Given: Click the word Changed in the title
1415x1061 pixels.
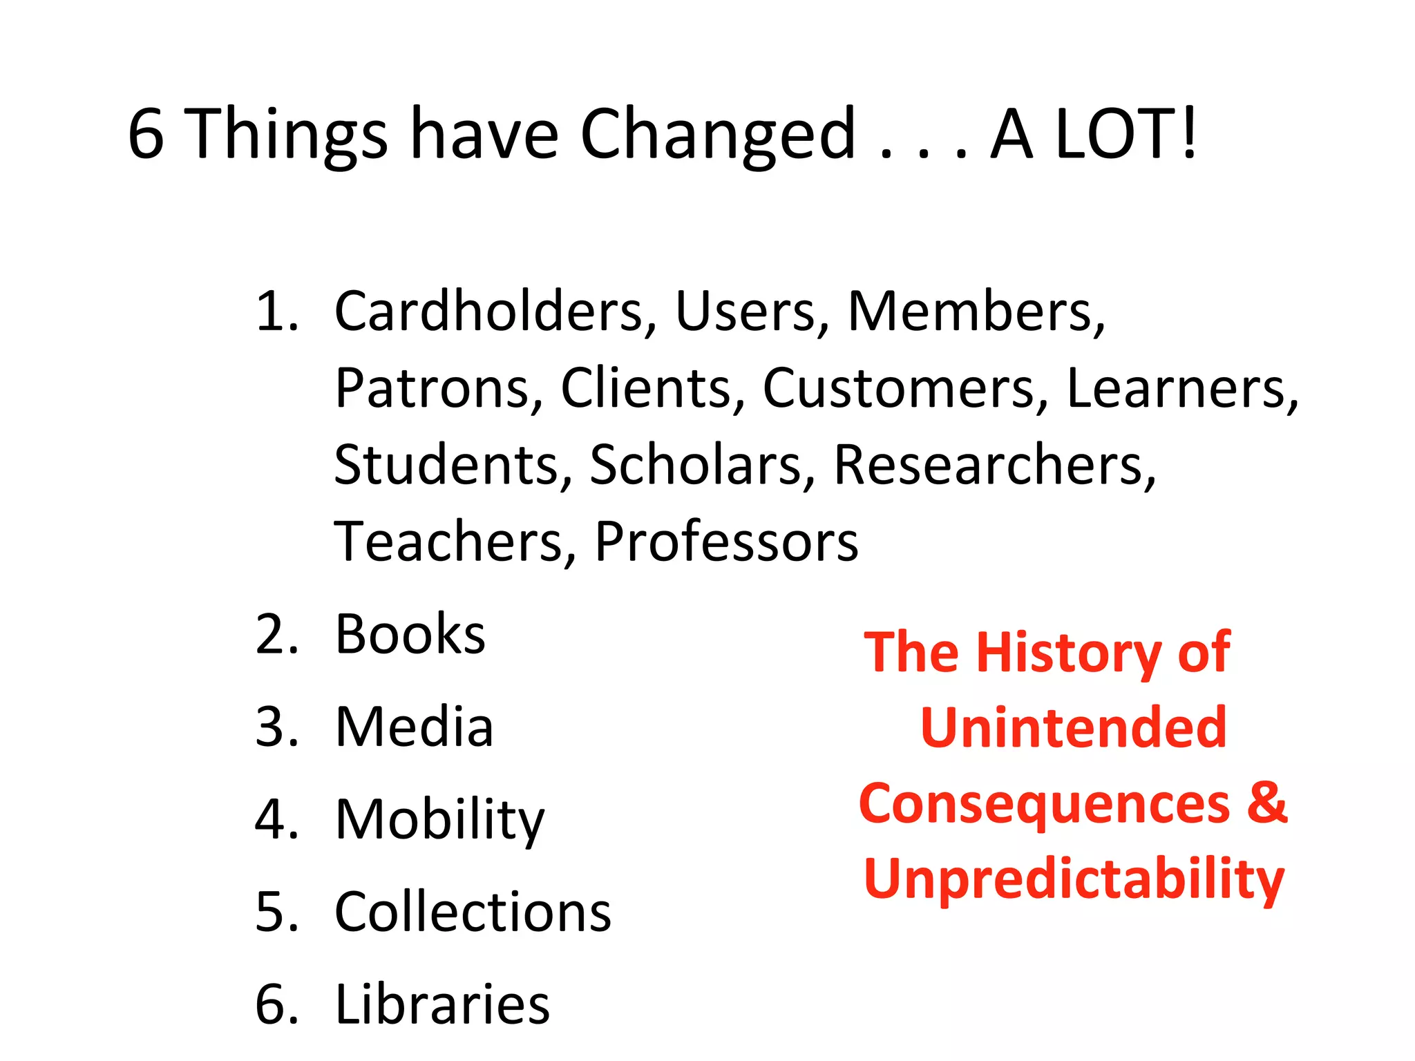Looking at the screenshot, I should point(718,135).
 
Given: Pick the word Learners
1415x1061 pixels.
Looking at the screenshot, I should point(1182,389).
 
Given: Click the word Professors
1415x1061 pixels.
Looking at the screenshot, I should point(726,542).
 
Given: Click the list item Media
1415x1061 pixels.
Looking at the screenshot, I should point(415,727).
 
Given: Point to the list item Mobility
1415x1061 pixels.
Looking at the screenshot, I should point(440,821).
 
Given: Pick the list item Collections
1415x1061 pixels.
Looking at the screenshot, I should point(473,912).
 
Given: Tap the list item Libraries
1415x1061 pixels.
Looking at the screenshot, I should point(442,1005).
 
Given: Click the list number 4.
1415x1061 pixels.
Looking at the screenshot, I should point(276,821).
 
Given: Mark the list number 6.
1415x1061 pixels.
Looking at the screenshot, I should point(276,1005).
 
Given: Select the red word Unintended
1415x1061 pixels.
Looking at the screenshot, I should point(1074,728).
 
